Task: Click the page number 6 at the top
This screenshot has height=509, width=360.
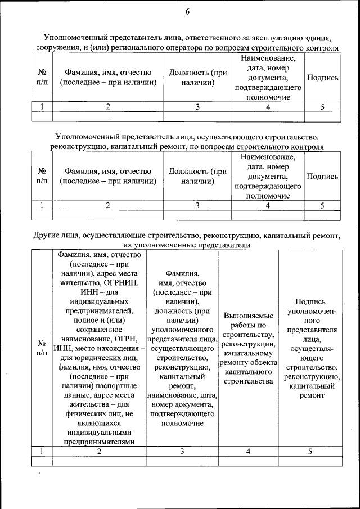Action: tap(187, 12)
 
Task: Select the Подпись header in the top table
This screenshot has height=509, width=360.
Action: tap(322, 78)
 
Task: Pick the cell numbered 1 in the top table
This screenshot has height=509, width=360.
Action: tap(42, 106)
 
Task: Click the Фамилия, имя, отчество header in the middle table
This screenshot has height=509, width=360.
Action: tap(107, 171)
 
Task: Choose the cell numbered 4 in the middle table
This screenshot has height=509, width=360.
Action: tap(267, 205)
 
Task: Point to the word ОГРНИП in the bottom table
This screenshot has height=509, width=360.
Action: tap(120, 282)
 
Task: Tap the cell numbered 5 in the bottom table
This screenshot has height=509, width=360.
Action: tap(310, 451)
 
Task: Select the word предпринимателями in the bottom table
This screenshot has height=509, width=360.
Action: tap(99, 442)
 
